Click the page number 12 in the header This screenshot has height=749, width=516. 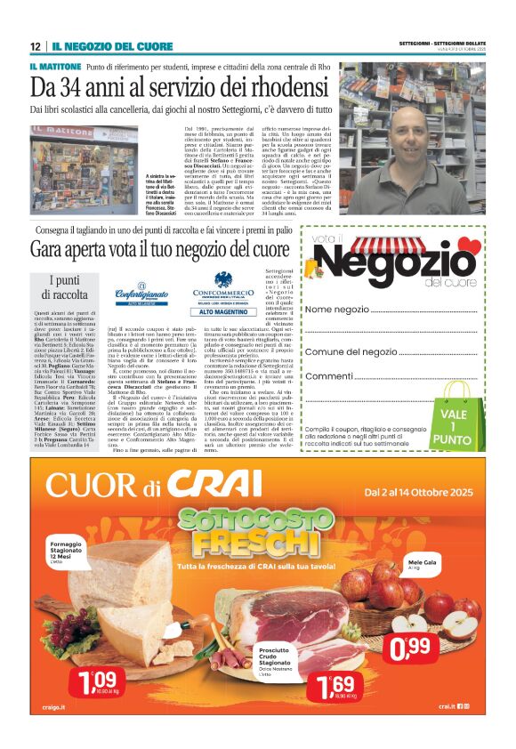click(35, 46)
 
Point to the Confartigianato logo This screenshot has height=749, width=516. click(140, 297)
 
